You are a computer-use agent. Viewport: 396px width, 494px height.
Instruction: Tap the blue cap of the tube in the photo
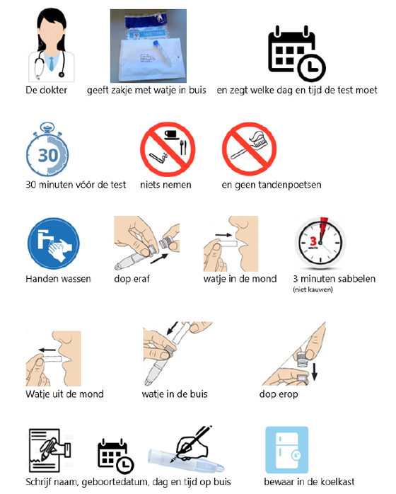coord(156,43)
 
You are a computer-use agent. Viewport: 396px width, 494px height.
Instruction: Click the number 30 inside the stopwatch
coord(48,155)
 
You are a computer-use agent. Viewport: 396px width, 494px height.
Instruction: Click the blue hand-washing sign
coord(54,243)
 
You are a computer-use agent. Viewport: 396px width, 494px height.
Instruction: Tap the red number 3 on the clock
coord(313,241)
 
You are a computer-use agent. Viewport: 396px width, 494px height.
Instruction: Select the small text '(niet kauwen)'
coord(313,289)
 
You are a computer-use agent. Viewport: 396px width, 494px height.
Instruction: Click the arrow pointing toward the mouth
coord(223,235)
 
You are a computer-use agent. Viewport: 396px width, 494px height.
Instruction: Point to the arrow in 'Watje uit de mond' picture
coord(47,350)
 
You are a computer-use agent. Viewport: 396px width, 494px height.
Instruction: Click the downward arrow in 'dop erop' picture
coord(314,372)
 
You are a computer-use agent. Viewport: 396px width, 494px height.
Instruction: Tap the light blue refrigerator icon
coord(287,450)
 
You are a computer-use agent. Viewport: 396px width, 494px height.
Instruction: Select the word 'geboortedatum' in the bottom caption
coord(115,482)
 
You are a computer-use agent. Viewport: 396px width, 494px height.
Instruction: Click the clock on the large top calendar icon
coord(312,68)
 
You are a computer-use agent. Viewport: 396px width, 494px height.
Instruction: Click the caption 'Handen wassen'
coord(58,279)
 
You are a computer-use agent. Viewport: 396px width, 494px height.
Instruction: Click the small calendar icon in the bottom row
coord(115,456)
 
